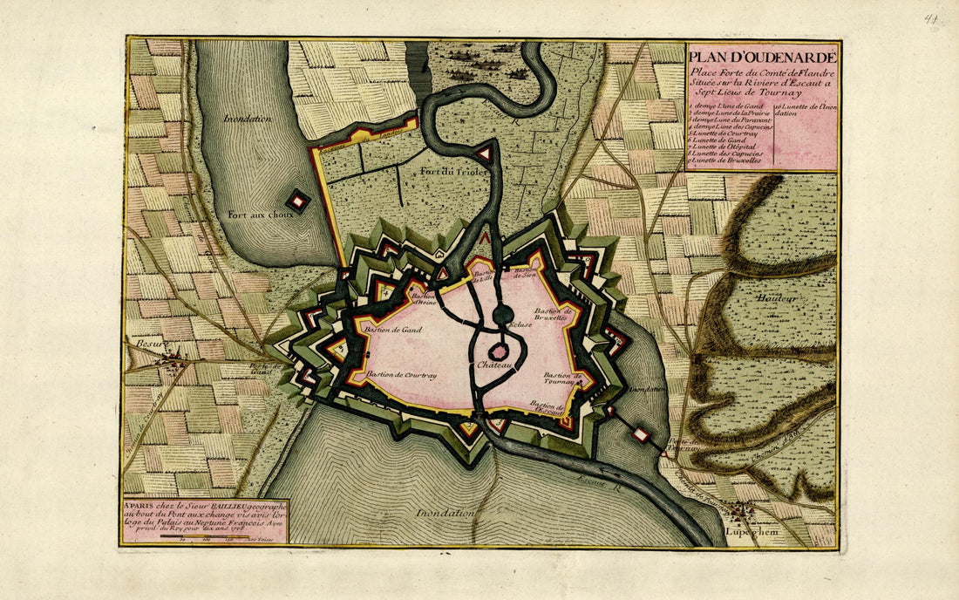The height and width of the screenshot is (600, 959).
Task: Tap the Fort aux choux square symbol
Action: pos(298,201)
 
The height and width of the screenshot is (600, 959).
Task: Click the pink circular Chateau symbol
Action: pos(499,351)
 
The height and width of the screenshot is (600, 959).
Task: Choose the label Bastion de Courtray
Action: pos(400,375)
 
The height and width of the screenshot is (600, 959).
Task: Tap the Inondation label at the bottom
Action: pos(445,513)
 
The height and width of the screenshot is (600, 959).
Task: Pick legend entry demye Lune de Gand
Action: pos(724,106)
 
